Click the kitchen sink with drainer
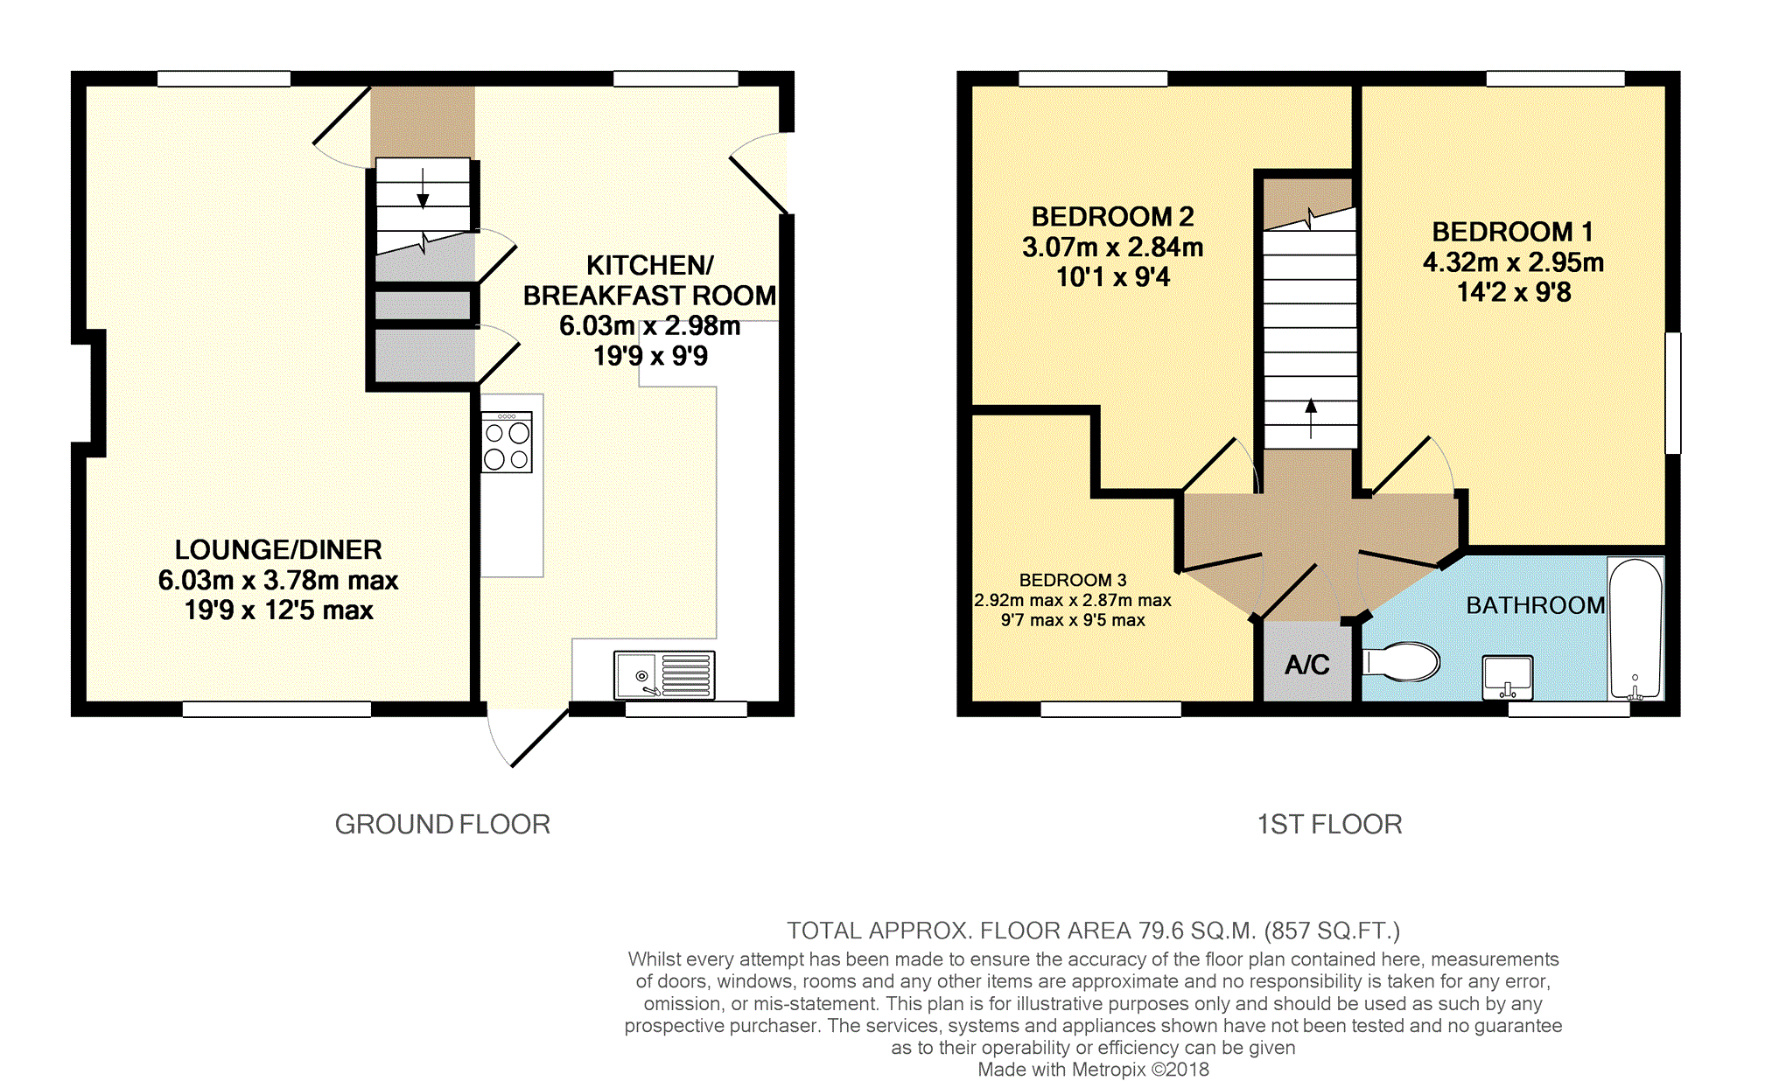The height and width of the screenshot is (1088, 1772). (664, 675)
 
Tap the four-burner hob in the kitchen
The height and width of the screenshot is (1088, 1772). (507, 443)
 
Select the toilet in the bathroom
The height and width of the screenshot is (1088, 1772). (1401, 662)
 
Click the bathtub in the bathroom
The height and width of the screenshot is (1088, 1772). (1635, 629)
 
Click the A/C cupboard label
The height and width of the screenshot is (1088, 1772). (1307, 665)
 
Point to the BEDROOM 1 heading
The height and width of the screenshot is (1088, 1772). (1512, 232)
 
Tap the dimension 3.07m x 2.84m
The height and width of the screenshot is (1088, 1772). (1113, 248)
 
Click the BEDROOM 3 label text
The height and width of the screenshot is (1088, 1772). (1073, 580)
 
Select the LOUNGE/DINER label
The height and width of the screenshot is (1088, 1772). (278, 549)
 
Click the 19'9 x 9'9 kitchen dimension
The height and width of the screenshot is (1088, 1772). (650, 356)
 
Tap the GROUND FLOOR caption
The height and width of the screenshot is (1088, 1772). (443, 824)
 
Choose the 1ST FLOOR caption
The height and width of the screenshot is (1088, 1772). (1329, 824)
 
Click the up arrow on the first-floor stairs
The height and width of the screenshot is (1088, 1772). (1311, 418)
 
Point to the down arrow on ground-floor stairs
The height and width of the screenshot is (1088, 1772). (423, 187)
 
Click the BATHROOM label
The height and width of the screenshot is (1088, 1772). (1536, 605)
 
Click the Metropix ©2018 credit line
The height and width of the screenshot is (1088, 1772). (1093, 1069)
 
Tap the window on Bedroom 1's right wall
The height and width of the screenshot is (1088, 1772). (1672, 393)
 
